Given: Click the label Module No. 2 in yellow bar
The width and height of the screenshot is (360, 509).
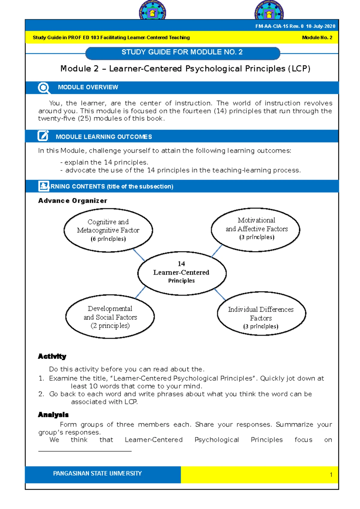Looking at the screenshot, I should pos(317,38).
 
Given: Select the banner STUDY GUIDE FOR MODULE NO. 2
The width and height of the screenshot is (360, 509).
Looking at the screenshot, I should pos(182,52).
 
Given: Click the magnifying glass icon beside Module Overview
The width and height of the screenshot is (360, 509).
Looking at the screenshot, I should pos(44,88).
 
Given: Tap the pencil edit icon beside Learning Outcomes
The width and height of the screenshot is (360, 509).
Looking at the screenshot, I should pos(43,136).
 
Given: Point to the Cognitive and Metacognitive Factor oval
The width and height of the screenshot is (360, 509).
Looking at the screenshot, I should pos(108,230).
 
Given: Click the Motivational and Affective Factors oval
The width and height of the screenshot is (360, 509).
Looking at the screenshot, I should pos(256,229).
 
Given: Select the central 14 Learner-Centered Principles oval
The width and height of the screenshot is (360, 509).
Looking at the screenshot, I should pos(181,273).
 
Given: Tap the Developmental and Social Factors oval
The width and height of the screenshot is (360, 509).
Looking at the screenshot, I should pos(110,317).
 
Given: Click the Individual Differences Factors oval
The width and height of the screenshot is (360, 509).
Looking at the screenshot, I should pos(261,314).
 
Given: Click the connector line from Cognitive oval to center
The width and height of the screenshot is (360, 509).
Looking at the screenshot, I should pos(139,255).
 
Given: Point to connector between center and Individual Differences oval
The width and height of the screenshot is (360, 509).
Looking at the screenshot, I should pos(220,294).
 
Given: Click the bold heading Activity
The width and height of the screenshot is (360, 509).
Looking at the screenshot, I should pos(52,356).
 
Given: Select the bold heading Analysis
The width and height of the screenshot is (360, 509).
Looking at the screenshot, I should pos(53,415).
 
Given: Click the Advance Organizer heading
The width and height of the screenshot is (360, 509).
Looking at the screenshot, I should pos(73,201).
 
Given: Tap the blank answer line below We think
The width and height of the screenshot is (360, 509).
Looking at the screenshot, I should pos(85,451).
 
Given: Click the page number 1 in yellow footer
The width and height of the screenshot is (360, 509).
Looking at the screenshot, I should pos(331,475).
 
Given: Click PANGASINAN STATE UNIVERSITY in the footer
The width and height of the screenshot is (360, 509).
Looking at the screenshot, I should pos(97,473).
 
